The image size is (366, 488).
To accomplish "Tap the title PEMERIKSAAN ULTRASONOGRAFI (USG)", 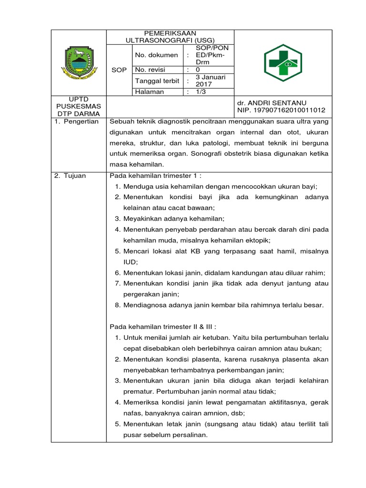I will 171,37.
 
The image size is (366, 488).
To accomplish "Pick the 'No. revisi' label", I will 150,70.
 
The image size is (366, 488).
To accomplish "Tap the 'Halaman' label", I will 149,91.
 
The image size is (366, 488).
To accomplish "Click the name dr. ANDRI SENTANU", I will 272,102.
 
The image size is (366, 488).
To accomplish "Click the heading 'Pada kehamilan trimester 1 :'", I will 159,175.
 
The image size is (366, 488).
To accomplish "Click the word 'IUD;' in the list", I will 131,262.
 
